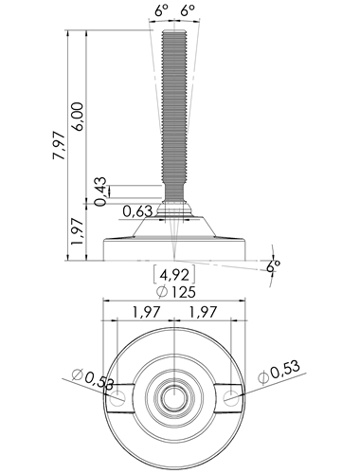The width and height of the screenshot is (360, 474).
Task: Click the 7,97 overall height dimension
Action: click(x=60, y=145)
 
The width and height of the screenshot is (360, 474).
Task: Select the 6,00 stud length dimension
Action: click(x=78, y=117)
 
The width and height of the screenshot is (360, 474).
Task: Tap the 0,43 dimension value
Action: click(x=100, y=191)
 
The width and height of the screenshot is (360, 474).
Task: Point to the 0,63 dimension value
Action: click(x=137, y=211)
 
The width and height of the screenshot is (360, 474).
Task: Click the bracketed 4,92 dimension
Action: click(x=174, y=275)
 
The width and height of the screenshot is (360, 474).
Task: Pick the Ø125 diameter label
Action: click(x=177, y=292)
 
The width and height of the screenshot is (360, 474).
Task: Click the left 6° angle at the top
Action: click(x=161, y=11)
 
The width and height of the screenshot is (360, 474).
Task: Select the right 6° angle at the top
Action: click(x=188, y=11)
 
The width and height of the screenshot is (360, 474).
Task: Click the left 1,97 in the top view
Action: click(x=146, y=312)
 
